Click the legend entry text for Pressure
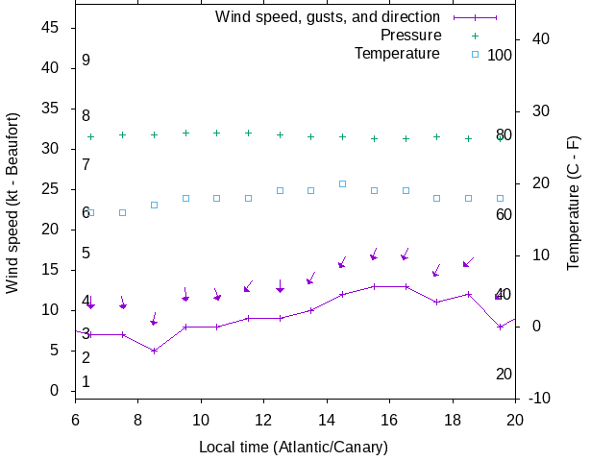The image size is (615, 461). coord(410,36)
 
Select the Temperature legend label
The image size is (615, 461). coord(397,54)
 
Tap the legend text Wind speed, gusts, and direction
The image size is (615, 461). coord(328,17)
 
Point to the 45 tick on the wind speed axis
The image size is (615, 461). coord(53,28)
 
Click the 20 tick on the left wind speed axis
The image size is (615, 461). coord(53,230)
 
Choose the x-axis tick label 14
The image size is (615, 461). coord(327,420)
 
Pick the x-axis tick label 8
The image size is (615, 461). coord(138,420)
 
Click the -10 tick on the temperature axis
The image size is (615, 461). coord(539,399)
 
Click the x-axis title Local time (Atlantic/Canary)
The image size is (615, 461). coord(293,447)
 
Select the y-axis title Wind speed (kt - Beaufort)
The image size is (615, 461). coord(12,203)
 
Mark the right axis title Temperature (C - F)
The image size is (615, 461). coord(574,203)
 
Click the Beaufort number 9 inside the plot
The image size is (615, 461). coord(86,61)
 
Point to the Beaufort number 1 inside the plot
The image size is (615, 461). coord(86,381)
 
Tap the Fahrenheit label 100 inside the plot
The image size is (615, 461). coord(500,55)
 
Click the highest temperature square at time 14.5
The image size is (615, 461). coord(342,183)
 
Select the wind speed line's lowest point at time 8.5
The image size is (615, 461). coord(154,351)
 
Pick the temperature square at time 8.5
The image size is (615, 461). coord(154,205)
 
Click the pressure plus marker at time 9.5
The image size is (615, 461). coord(185,133)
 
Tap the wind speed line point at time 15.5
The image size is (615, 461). coord(374,286)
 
